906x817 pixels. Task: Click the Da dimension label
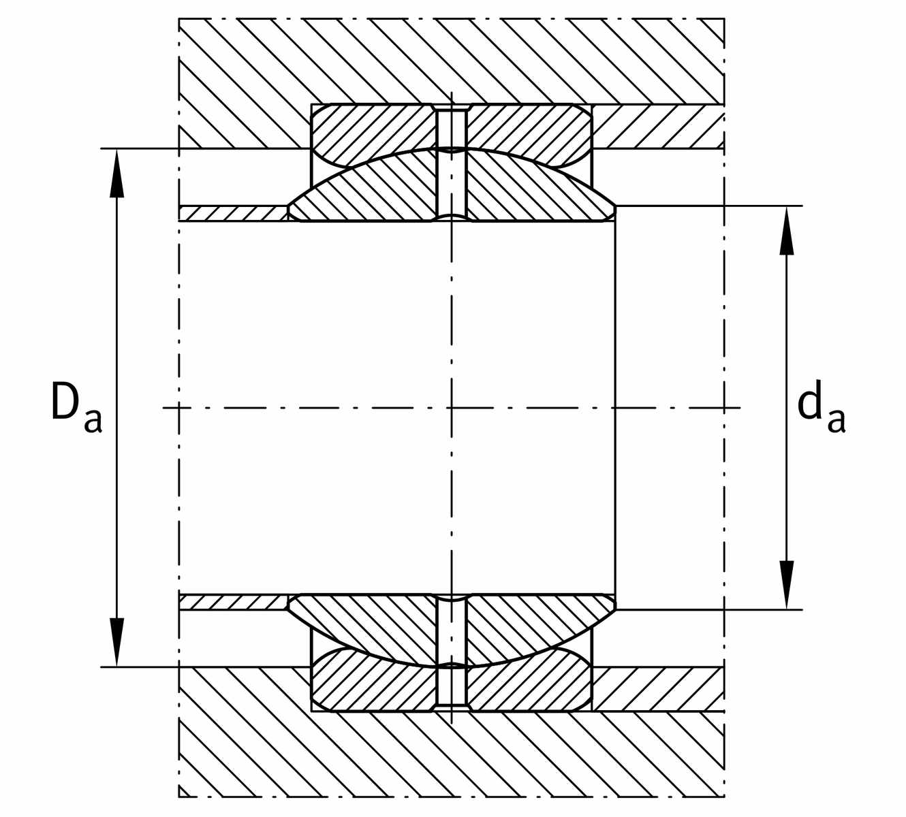(76, 408)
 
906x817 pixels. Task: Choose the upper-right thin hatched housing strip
(657, 127)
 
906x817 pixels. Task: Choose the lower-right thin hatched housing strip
(657, 689)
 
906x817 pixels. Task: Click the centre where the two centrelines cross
(451, 408)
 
